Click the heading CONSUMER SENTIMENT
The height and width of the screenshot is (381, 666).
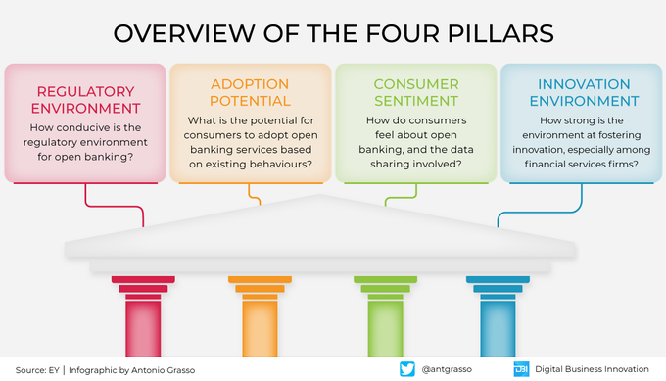coord(415,92)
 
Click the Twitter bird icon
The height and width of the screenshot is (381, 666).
coord(407,369)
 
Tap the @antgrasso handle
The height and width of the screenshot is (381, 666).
coord(449,370)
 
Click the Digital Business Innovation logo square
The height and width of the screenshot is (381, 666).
coord(520,369)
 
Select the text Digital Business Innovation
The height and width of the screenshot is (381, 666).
coord(595,370)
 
